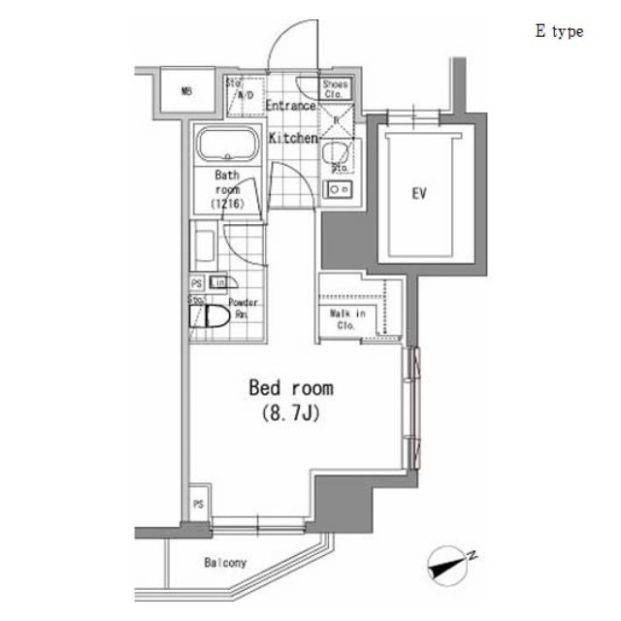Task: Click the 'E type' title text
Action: tap(559, 32)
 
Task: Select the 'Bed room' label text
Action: tap(291, 389)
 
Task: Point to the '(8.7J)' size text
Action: tap(291, 414)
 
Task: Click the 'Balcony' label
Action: tap(225, 563)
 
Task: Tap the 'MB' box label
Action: tap(186, 92)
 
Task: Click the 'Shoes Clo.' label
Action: tap(336, 90)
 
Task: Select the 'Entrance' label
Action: tap(290, 106)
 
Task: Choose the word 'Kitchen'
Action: tap(293, 139)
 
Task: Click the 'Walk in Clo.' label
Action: tap(348, 319)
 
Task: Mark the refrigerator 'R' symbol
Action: tap(337, 120)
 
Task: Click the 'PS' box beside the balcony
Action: tap(198, 505)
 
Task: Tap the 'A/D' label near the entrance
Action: tap(245, 95)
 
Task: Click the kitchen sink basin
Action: tap(337, 153)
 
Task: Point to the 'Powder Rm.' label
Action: tap(243, 309)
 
